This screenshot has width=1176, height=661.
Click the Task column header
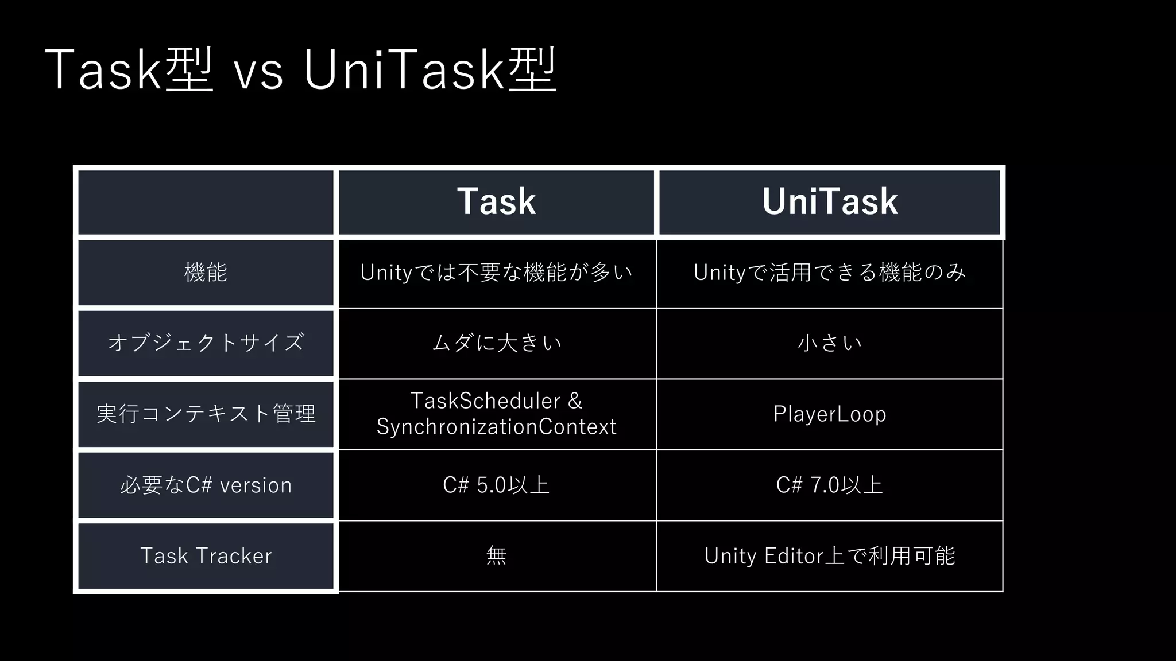(497, 201)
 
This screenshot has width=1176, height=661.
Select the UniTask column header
(830, 201)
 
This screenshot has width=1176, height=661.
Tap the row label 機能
(206, 272)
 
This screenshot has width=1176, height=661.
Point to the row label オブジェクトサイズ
(206, 343)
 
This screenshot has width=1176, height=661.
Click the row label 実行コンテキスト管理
(206, 414)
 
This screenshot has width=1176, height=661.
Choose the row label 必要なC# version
(206, 485)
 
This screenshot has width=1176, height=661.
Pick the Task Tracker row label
(206, 556)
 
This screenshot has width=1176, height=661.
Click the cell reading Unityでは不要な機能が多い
(497, 273)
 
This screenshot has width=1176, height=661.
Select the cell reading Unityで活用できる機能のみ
(830, 273)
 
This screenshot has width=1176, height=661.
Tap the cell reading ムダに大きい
(497, 343)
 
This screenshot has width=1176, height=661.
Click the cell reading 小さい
(830, 343)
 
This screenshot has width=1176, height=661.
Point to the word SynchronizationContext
(497, 427)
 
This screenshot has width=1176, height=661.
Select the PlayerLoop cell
(830, 414)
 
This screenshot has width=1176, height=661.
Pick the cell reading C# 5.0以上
(497, 485)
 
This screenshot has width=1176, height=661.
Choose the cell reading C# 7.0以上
(830, 485)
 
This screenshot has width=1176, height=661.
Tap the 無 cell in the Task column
(497, 556)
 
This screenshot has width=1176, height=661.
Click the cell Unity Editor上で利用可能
(830, 556)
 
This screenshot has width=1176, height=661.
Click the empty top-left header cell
(206, 202)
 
